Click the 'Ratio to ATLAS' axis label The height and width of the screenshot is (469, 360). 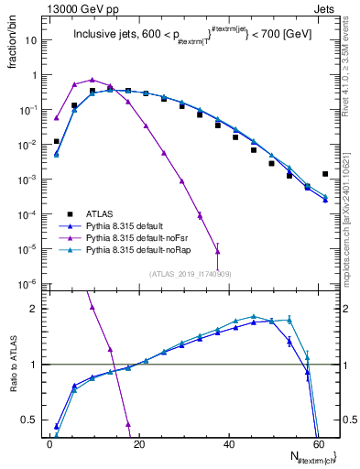pos(13,366)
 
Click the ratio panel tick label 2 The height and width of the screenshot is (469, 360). pos(33,309)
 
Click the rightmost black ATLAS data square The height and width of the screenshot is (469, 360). pos(325,173)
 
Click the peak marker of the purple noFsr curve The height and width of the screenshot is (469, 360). pos(92,80)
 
